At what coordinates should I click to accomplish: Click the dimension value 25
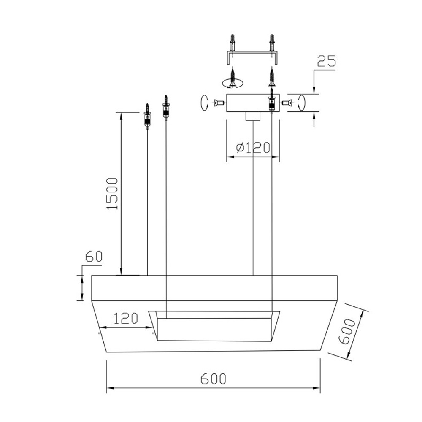(x=326, y=61)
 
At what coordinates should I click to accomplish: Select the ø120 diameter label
(x=253, y=148)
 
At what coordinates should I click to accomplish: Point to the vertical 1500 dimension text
(x=113, y=194)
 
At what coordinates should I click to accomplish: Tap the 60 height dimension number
(x=94, y=257)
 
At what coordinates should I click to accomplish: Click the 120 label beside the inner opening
(x=125, y=318)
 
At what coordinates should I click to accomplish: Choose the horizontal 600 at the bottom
(x=213, y=379)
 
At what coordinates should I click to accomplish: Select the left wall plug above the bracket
(x=232, y=43)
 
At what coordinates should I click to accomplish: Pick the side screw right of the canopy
(x=287, y=103)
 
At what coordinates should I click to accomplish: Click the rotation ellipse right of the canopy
(x=301, y=103)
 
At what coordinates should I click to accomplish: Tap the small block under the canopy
(x=252, y=116)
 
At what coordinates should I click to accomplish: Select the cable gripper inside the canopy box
(x=272, y=103)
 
